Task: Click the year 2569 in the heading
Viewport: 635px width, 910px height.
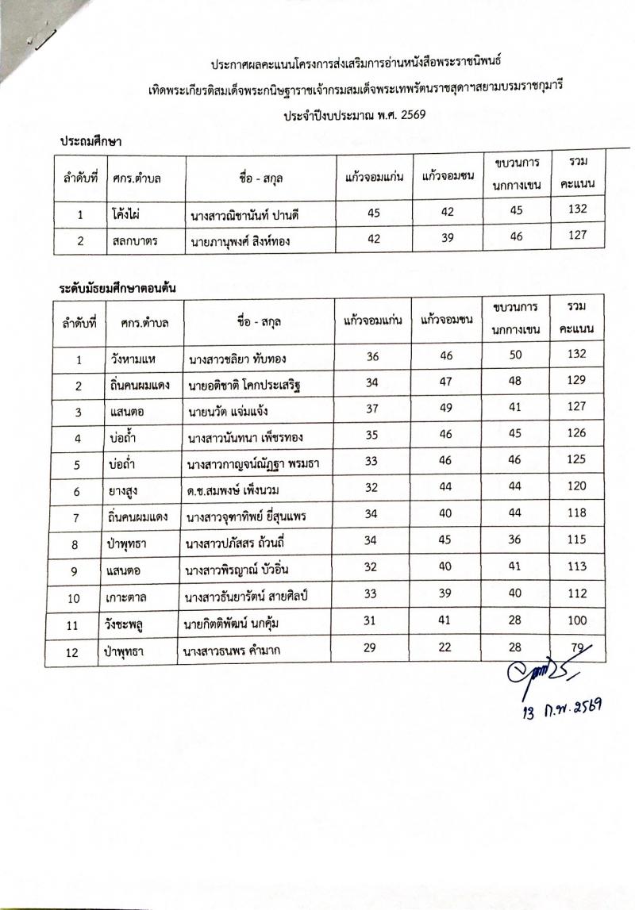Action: tap(411, 115)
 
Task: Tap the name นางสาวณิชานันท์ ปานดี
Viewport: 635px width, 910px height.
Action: tap(249, 215)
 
